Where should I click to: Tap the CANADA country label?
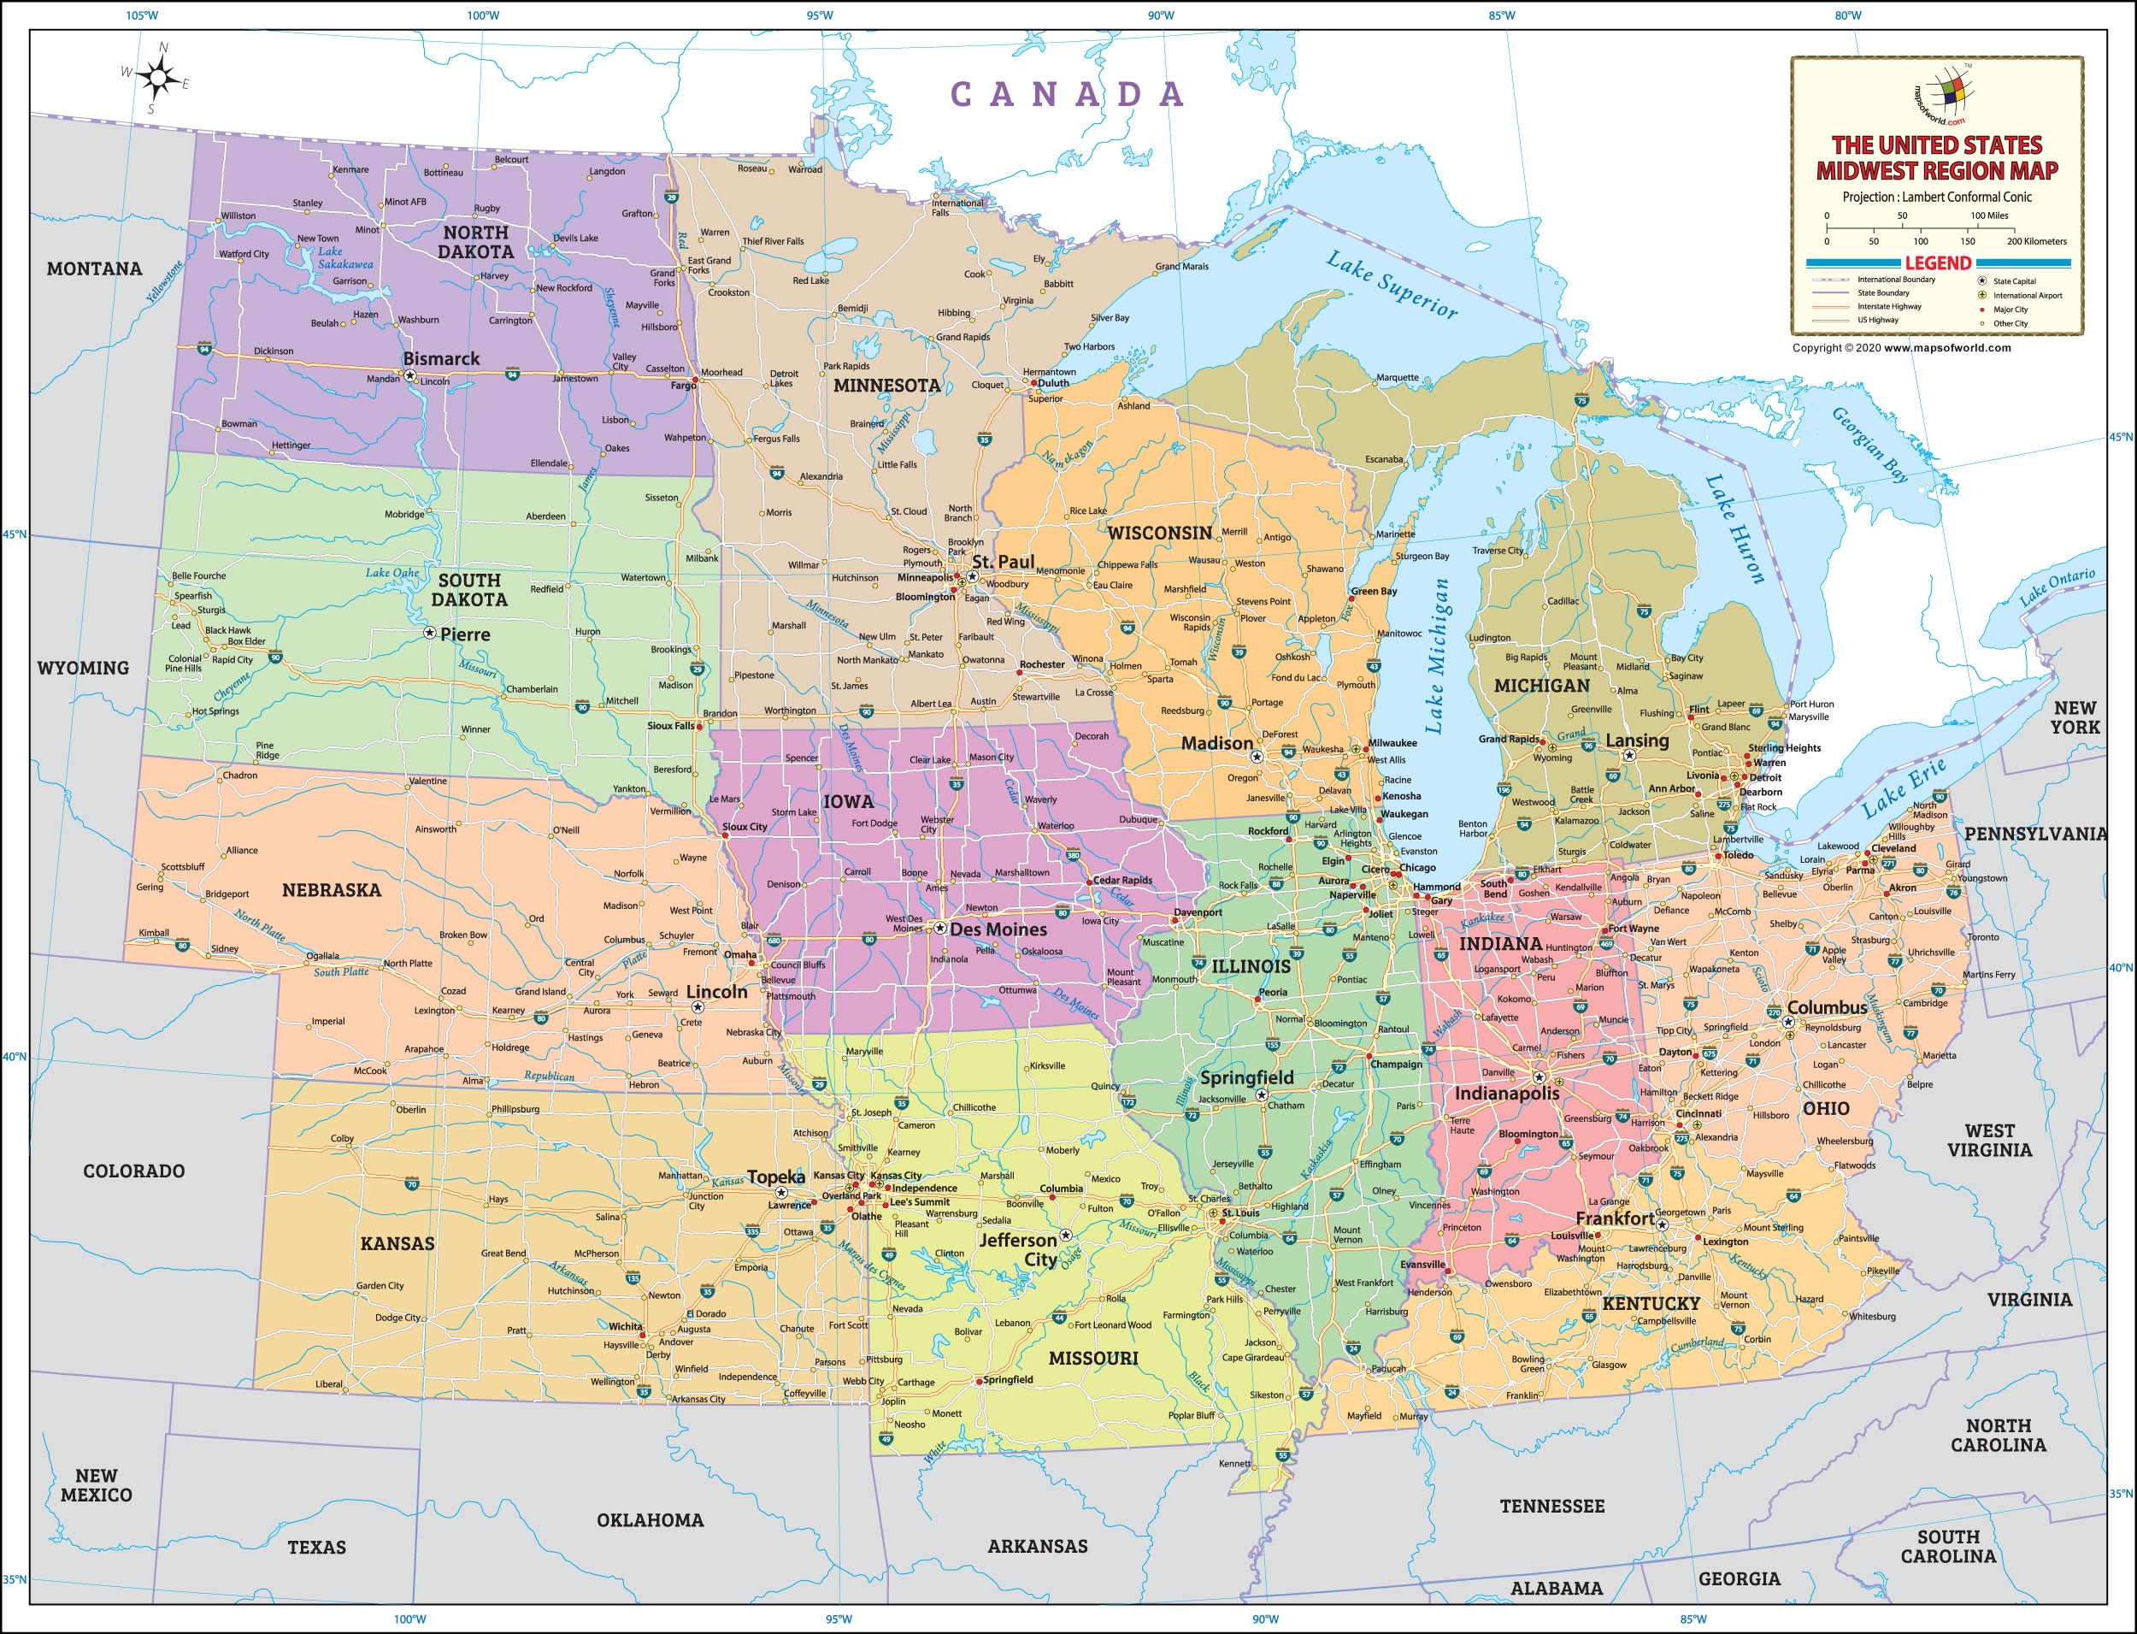click(1067, 94)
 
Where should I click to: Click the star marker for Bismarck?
click(410, 375)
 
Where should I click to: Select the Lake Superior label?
click(1392, 285)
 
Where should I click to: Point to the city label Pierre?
click(465, 634)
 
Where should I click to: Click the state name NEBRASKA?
click(332, 890)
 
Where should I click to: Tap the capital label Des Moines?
click(998, 929)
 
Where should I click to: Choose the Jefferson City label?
click(1018, 1250)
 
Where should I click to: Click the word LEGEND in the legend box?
click(1937, 263)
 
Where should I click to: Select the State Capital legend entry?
click(2014, 281)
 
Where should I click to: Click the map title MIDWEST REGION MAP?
click(1937, 171)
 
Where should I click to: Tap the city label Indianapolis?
click(1506, 1094)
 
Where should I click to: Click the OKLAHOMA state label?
click(650, 1520)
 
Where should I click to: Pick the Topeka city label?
click(776, 1177)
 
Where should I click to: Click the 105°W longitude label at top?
click(142, 15)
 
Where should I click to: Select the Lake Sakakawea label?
click(344, 257)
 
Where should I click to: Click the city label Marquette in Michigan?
click(1397, 377)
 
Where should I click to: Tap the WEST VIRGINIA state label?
click(1989, 1140)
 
